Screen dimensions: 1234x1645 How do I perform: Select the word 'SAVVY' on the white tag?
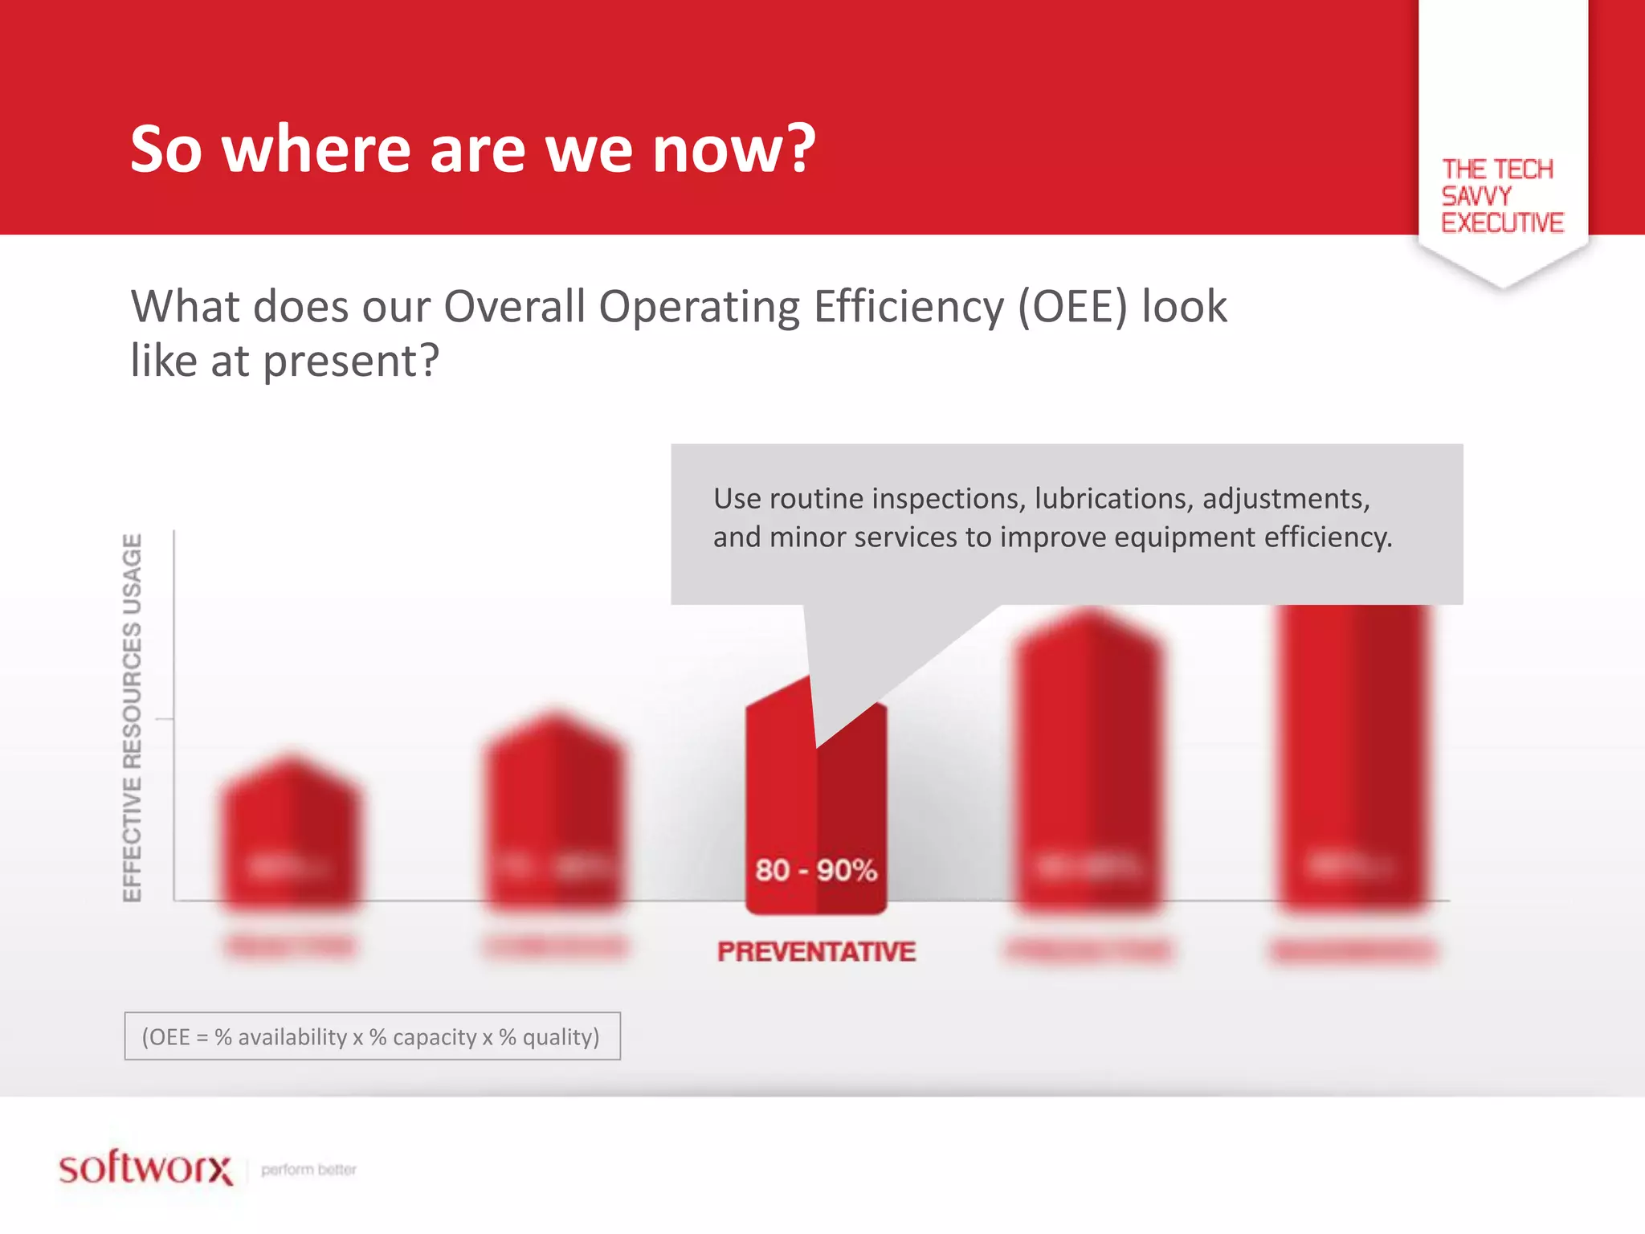pyautogui.click(x=1476, y=196)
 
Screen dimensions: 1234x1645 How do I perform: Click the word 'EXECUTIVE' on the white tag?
pyautogui.click(x=1501, y=223)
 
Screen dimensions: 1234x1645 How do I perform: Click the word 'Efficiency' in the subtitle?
pyautogui.click(x=908, y=307)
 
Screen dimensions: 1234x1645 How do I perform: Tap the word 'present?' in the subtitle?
pyautogui.click(x=351, y=362)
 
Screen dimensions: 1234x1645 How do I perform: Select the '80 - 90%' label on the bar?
pyautogui.click(x=815, y=870)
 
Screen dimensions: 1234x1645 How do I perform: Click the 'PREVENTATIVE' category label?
pyautogui.click(x=816, y=952)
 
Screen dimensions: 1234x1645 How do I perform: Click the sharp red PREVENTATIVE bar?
pyautogui.click(x=779, y=803)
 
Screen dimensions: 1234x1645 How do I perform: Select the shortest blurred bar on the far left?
pyautogui.click(x=291, y=836)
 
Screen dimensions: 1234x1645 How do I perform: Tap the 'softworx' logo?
pyautogui.click(x=145, y=1168)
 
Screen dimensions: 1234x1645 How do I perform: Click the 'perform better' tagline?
pyautogui.click(x=308, y=1170)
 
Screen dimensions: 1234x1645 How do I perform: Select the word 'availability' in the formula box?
pyautogui.click(x=292, y=1037)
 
